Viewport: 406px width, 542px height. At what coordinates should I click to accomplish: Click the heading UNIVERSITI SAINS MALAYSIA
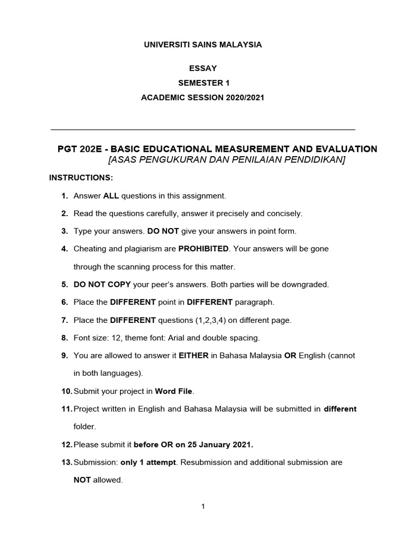203,45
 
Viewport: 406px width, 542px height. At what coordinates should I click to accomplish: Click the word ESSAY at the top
203,68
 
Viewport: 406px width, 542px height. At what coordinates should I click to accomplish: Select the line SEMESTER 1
203,83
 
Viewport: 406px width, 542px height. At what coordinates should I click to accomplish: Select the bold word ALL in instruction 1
111,196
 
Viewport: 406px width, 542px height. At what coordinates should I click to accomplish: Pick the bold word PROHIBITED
204,249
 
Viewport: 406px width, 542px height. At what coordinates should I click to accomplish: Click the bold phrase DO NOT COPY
102,284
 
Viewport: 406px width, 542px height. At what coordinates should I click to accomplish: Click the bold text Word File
174,391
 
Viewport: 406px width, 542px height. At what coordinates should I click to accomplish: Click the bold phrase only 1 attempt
149,462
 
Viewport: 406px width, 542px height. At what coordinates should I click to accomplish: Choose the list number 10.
66,391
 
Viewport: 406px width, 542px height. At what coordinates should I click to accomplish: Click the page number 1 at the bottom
202,507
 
